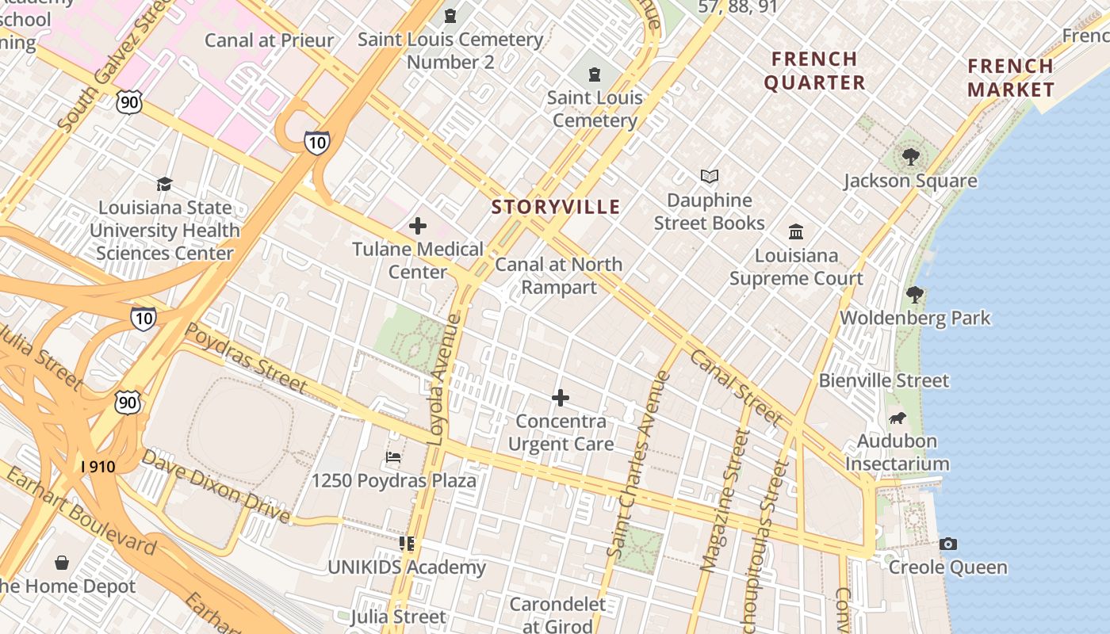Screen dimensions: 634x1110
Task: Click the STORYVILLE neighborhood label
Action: pos(555,208)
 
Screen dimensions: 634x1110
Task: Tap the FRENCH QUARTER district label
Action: pos(814,71)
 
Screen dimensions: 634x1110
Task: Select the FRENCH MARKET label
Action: pos(1010,78)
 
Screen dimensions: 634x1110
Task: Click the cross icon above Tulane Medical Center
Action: pos(418,227)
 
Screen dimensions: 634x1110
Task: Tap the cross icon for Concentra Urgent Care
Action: pos(561,398)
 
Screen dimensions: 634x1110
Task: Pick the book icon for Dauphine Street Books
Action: pos(709,177)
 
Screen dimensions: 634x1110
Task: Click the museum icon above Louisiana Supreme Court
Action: pos(796,231)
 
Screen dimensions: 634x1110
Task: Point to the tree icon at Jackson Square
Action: pos(910,157)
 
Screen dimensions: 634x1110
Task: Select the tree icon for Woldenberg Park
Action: pos(915,295)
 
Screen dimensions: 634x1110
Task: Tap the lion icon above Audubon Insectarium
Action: pos(897,418)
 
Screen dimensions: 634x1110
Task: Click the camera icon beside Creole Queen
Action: pos(947,544)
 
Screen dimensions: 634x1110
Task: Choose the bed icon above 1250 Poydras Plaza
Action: pos(393,457)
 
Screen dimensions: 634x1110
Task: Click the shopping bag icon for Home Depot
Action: pos(62,563)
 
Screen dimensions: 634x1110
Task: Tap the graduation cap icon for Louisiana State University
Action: pos(164,185)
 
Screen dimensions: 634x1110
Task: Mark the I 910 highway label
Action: pos(98,467)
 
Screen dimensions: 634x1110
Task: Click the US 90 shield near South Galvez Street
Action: pos(128,101)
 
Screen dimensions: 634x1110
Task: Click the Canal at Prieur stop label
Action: pos(269,40)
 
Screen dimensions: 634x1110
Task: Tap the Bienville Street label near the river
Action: pos(883,381)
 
